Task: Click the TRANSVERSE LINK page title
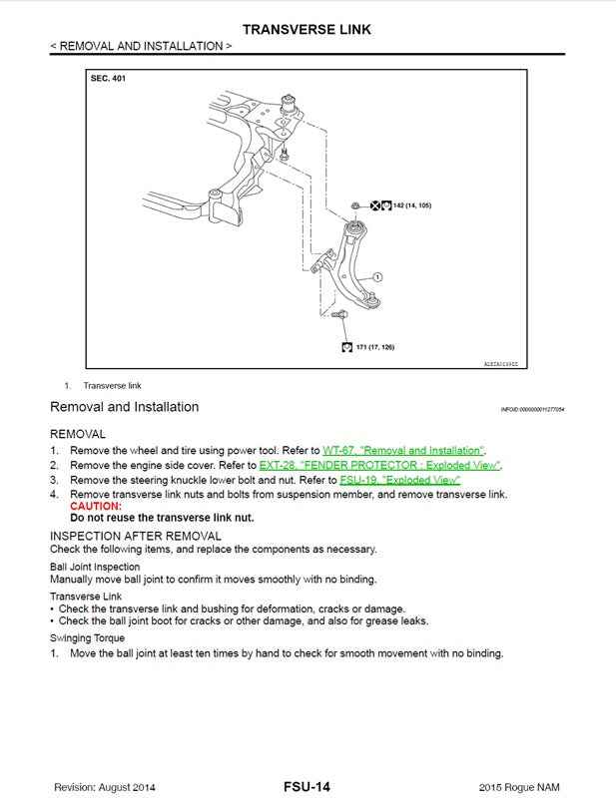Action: pyautogui.click(x=307, y=29)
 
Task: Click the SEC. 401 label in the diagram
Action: pyautogui.click(x=108, y=78)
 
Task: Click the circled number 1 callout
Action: pyautogui.click(x=378, y=276)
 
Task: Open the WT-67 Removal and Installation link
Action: pyautogui.click(x=403, y=450)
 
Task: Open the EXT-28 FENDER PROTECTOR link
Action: pyautogui.click(x=379, y=465)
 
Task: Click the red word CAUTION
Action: pyautogui.click(x=95, y=507)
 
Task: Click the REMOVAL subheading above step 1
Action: pyautogui.click(x=78, y=434)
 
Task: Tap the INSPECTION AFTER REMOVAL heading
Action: pyautogui.click(x=136, y=536)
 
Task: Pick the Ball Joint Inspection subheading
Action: pyautogui.click(x=97, y=567)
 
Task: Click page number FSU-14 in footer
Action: pyautogui.click(x=307, y=787)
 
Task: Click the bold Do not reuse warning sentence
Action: pyautogui.click(x=162, y=519)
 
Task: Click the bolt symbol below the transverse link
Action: pyautogui.click(x=341, y=316)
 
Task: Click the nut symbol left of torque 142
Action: pyautogui.click(x=356, y=205)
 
